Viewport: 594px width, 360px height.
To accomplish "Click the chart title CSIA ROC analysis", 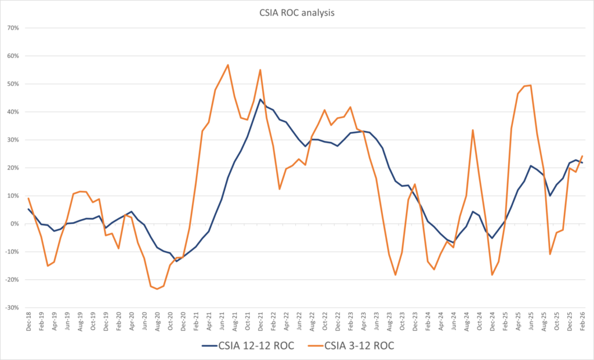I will (x=296, y=12).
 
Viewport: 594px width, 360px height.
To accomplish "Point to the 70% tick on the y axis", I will (x=13, y=28).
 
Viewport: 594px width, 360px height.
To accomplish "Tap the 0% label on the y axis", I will (x=15, y=224).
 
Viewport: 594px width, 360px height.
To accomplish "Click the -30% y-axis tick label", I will (x=12, y=308).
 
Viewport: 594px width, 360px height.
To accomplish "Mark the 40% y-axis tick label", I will (x=13, y=112).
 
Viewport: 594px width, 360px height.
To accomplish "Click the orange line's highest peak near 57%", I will (x=228, y=65).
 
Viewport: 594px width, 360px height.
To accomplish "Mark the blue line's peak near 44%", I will (x=260, y=99).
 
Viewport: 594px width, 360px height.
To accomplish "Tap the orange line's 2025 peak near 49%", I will (x=531, y=85).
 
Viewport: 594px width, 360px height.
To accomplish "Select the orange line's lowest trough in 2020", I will (x=157, y=289).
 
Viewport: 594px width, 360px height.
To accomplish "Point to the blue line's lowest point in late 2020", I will (x=177, y=261).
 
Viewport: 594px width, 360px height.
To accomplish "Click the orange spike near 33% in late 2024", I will (x=473, y=130).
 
